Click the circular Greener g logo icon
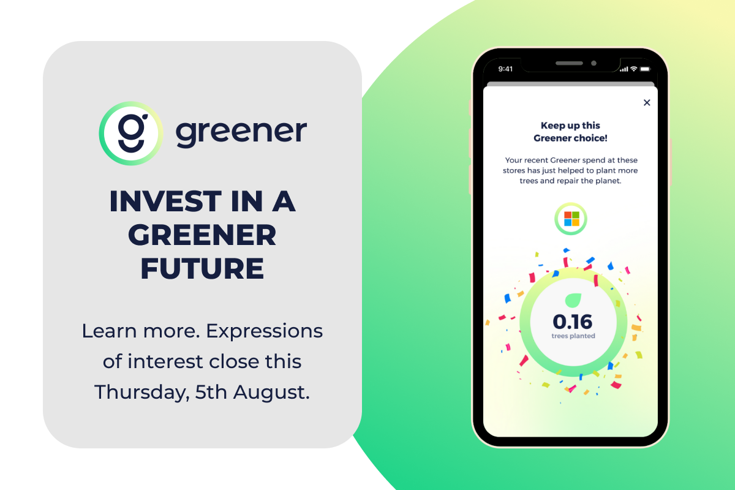tap(131, 134)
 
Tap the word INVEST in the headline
tap(165, 201)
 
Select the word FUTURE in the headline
tap(202, 268)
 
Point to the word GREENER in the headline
tap(202, 235)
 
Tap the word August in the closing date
tap(271, 392)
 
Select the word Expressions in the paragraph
tap(264, 331)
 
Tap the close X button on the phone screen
tap(647, 103)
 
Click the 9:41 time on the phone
tap(505, 69)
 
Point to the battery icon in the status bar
tap(645, 69)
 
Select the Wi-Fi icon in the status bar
tap(634, 69)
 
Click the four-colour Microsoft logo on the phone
tap(571, 219)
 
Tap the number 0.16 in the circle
tap(573, 322)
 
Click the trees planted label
tap(573, 336)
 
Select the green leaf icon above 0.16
tap(573, 300)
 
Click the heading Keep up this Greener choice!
tap(570, 132)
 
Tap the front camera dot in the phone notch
tap(594, 63)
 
